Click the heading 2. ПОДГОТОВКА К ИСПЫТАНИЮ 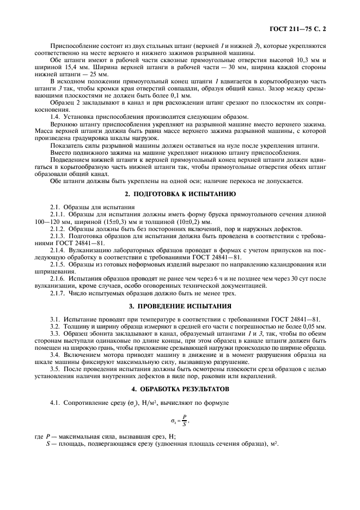(x=180, y=194)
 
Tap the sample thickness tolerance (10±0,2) (x=182, y=222)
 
